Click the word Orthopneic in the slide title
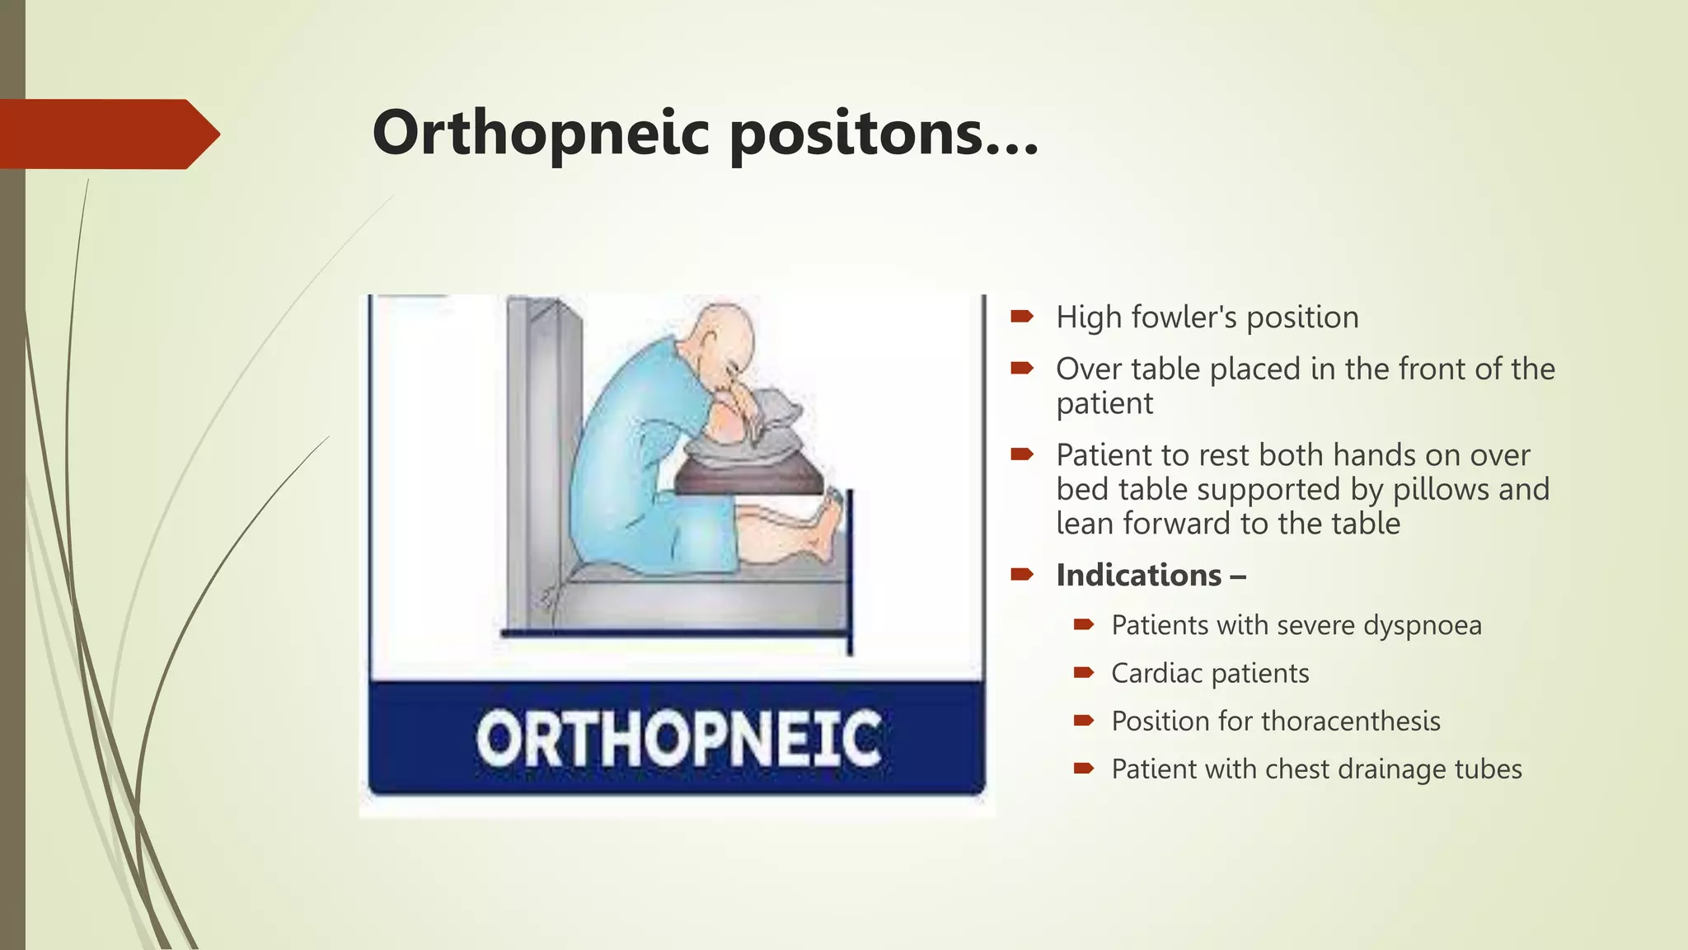click(x=540, y=134)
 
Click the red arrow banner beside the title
click(x=107, y=134)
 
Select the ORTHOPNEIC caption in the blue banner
click(x=678, y=739)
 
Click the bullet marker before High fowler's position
click(x=1022, y=316)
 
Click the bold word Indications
click(x=1138, y=575)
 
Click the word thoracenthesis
click(x=1344, y=722)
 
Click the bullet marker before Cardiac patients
click(x=1083, y=673)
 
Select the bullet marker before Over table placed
click(x=1022, y=368)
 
